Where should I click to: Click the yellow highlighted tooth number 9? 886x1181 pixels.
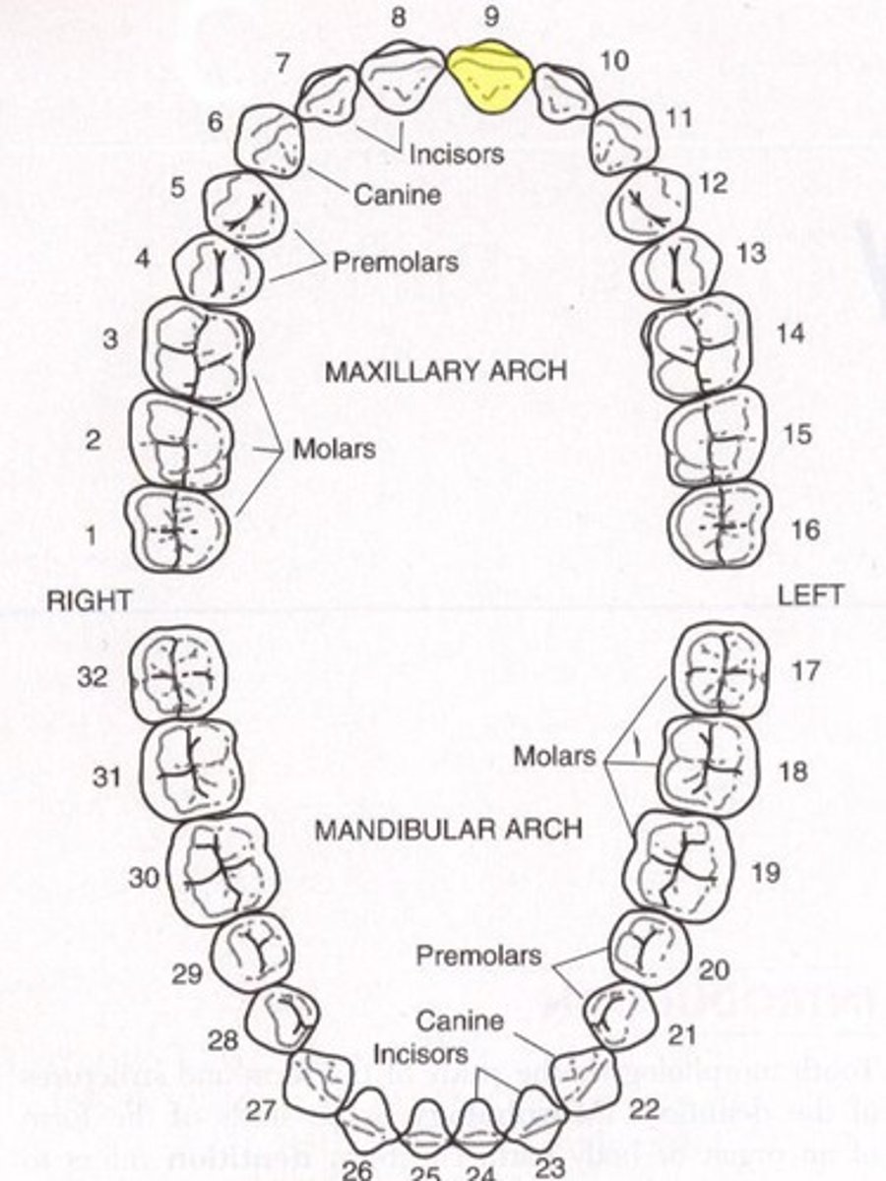click(490, 75)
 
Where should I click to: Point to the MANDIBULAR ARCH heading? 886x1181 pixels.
click(448, 829)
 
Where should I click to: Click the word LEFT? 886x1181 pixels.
click(809, 595)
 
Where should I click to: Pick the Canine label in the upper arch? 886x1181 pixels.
click(397, 195)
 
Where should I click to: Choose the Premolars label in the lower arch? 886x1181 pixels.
click(478, 955)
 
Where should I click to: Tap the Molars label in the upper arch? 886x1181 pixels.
click(335, 449)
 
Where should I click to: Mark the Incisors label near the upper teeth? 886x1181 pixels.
click(457, 154)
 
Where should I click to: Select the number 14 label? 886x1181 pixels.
click(790, 334)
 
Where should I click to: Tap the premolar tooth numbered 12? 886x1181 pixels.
click(641, 206)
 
